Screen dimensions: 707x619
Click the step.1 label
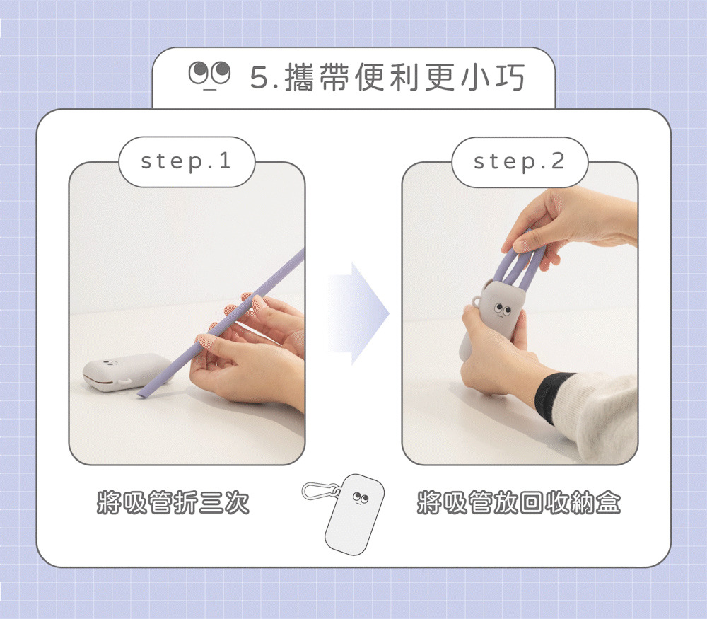point(186,161)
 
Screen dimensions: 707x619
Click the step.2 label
point(519,161)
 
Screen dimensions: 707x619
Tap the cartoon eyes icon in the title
point(209,74)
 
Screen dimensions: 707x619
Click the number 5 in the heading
point(259,78)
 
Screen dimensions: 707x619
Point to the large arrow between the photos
point(358,313)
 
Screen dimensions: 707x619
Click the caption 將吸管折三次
point(173,502)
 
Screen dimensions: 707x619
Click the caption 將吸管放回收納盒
point(518,502)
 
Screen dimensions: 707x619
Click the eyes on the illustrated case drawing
point(361,497)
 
